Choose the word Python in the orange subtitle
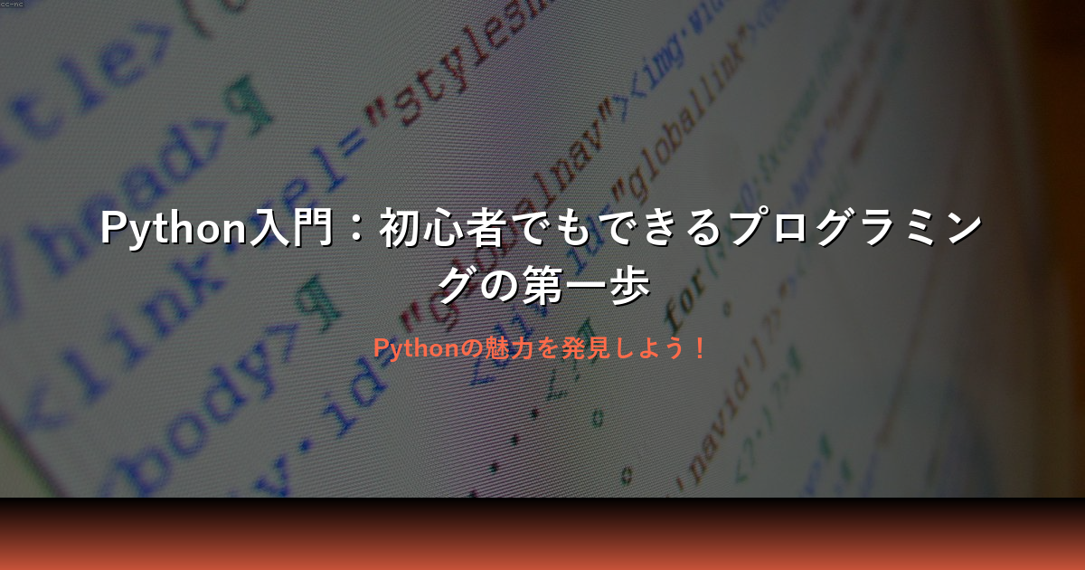coord(417,347)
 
